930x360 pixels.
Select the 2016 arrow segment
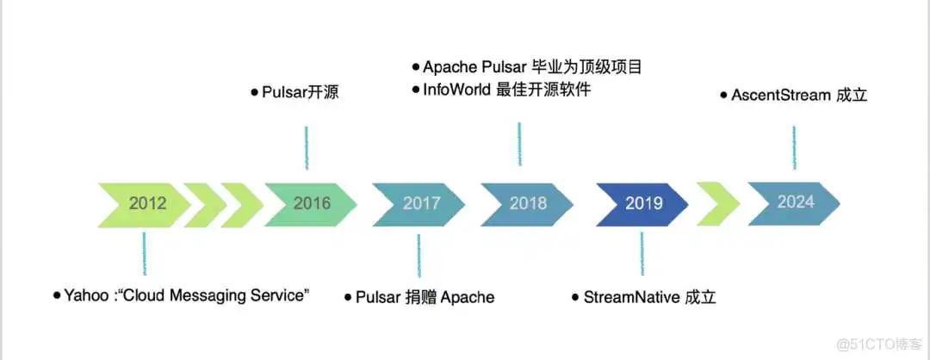pos(311,204)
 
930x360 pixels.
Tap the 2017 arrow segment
pos(420,204)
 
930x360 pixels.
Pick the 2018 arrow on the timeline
pos(527,204)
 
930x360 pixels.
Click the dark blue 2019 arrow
pos(643,204)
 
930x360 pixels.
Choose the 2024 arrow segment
pos(794,202)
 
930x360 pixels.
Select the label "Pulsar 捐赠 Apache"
pos(425,297)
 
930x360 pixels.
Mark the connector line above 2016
pos(307,147)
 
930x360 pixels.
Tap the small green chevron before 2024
pos(718,204)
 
